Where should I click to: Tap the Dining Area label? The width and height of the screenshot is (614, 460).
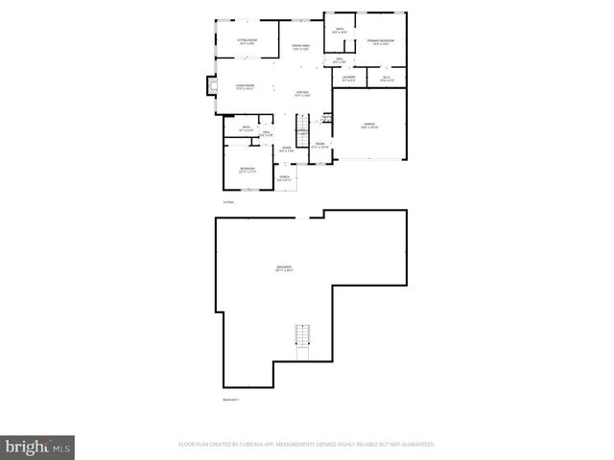tap(299, 48)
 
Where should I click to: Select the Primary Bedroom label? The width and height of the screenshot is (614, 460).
tap(380, 41)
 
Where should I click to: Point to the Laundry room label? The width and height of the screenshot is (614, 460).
tap(348, 78)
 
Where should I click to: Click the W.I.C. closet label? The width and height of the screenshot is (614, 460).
tap(386, 79)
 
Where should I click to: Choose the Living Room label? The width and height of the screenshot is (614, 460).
tap(245, 87)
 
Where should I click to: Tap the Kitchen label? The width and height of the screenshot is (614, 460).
tap(301, 94)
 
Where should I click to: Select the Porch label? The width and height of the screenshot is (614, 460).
tap(285, 178)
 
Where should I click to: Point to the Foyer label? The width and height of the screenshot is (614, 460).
tap(286, 149)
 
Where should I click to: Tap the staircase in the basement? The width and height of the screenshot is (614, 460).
tap(302, 337)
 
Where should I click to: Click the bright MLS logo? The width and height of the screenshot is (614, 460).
tap(38, 447)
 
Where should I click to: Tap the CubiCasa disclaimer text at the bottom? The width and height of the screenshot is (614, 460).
tap(307, 445)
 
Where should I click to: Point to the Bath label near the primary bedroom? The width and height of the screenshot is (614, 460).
tap(340, 30)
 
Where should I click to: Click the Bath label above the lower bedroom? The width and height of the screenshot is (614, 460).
tap(247, 128)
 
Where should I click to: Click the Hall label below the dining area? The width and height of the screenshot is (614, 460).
tap(339, 61)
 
